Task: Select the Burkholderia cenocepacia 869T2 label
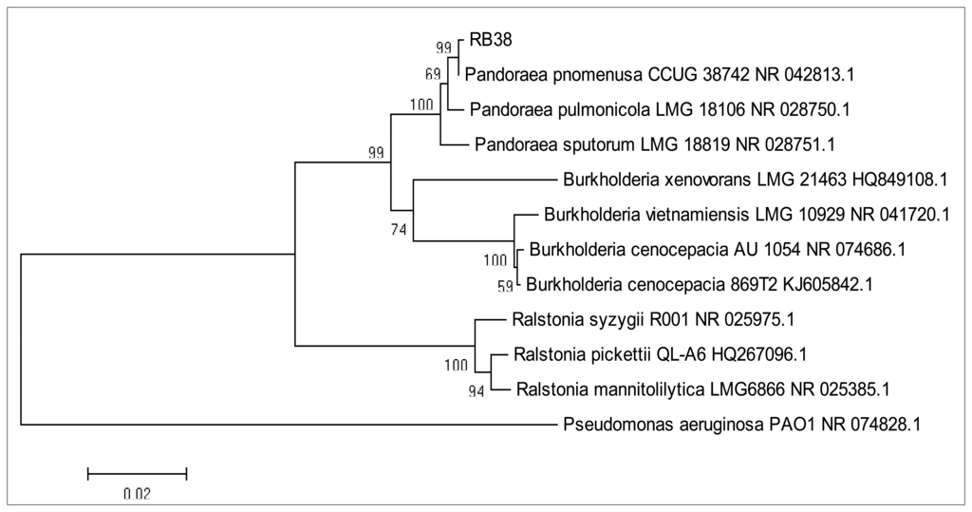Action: click(700, 283)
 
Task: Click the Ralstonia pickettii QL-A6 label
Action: click(659, 354)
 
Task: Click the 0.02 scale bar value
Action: click(137, 494)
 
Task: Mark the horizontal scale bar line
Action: click(137, 472)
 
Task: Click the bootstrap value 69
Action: click(434, 73)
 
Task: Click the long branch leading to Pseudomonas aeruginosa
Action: click(285, 425)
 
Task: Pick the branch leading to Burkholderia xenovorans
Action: click(484, 180)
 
